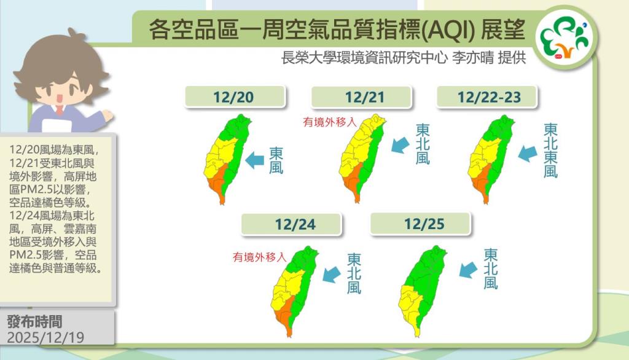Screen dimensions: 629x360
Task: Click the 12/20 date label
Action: (x=235, y=97)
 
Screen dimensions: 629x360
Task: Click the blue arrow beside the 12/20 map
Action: (x=254, y=161)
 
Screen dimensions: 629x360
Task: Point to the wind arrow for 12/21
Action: (x=400, y=145)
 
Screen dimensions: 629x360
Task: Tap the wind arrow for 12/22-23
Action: (x=528, y=154)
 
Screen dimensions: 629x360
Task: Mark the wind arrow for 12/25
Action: (x=468, y=270)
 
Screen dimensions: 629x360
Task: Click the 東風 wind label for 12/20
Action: (x=276, y=160)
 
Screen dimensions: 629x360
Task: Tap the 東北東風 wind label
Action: (x=551, y=151)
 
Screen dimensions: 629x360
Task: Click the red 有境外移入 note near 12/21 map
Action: (x=330, y=122)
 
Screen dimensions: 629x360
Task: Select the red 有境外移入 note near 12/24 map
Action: (x=260, y=257)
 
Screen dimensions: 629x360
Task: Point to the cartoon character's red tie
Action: (x=60, y=110)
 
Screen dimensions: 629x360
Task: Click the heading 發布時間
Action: (x=34, y=321)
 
